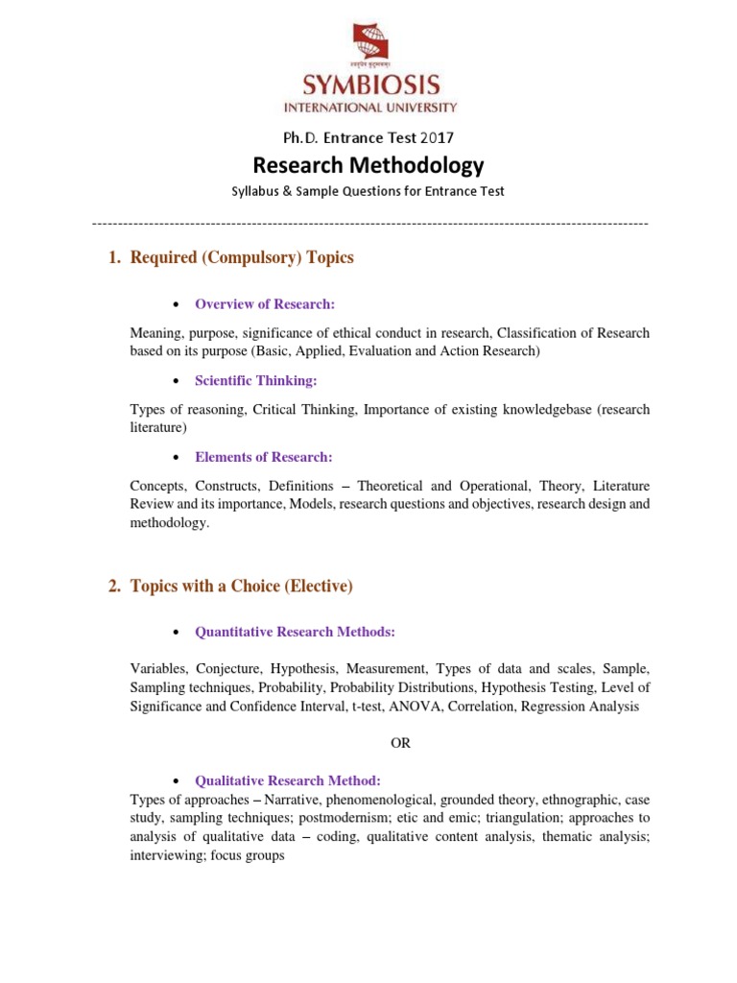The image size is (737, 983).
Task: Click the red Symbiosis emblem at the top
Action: click(x=368, y=47)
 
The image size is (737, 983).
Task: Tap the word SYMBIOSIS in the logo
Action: click(x=368, y=87)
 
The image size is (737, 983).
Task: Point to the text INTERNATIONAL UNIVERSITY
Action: click(x=368, y=108)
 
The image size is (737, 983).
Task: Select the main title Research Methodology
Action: click(x=368, y=166)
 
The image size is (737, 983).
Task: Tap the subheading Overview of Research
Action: click(x=265, y=304)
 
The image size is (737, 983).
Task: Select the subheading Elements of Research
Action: click(x=264, y=457)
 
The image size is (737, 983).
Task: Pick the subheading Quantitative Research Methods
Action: click(x=296, y=632)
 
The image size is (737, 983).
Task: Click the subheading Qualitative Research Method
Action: click(x=288, y=780)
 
